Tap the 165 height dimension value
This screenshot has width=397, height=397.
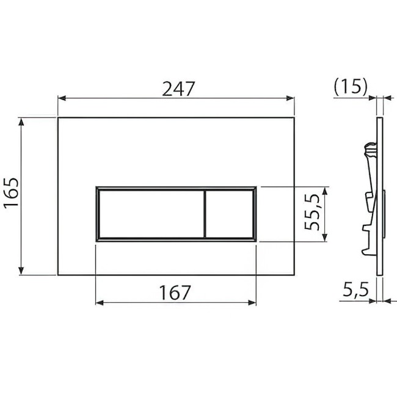12,195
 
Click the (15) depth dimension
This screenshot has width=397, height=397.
351,87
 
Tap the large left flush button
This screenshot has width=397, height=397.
149,214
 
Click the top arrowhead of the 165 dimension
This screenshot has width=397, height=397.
23,121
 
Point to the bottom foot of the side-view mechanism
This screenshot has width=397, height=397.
368,250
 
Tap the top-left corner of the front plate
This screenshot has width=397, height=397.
59,117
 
